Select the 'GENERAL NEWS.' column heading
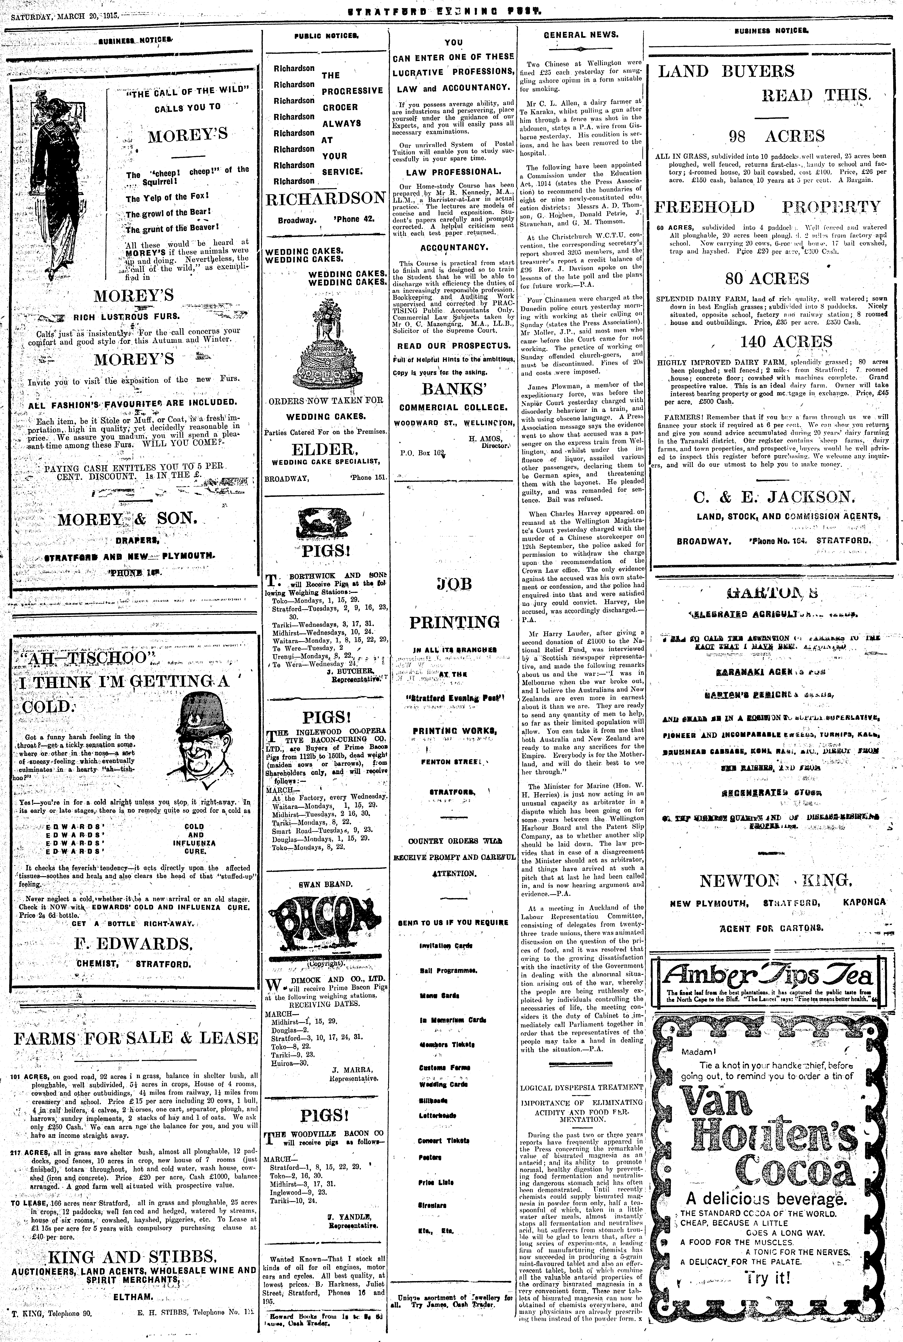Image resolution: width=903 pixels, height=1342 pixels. [582, 34]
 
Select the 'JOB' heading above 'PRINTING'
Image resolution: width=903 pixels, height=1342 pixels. [454, 584]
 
